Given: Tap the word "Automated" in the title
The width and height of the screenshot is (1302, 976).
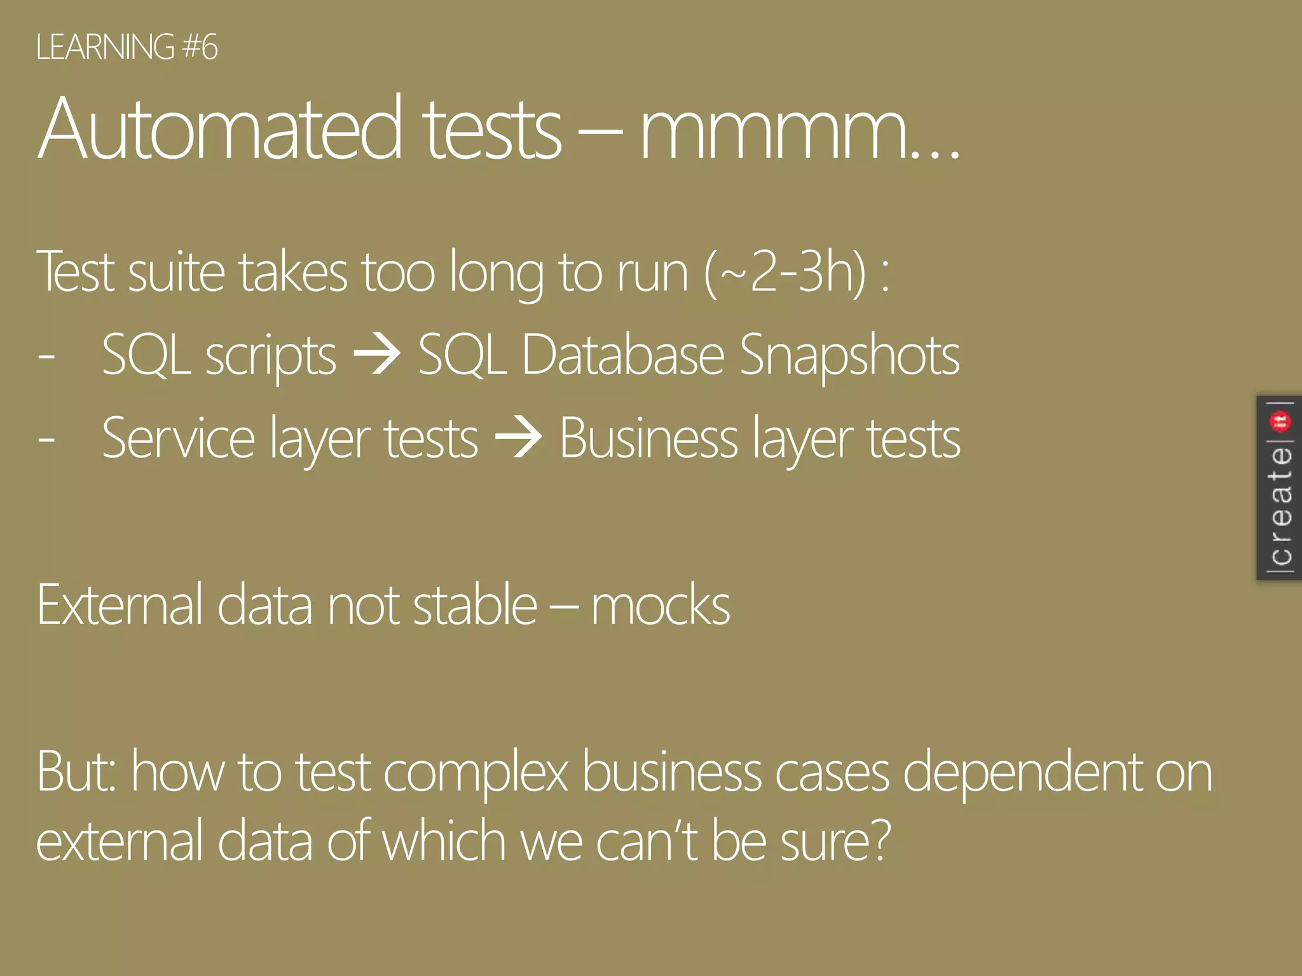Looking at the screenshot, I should pos(220,128).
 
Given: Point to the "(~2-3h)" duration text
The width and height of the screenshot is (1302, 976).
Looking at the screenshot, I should pos(785,272).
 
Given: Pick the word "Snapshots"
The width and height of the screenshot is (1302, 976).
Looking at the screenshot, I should pos(849,356).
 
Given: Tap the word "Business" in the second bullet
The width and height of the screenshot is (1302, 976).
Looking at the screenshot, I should pos(648,438).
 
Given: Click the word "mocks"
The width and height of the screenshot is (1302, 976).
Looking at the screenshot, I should pos(661,606).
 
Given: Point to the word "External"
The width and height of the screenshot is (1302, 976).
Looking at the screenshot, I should pos(120,606).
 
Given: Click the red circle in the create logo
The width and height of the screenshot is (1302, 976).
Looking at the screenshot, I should pos(1280,421).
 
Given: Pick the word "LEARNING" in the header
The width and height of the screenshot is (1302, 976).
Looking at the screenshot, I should pos(105,48).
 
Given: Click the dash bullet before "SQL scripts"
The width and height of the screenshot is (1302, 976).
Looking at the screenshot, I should pos(46,356).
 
